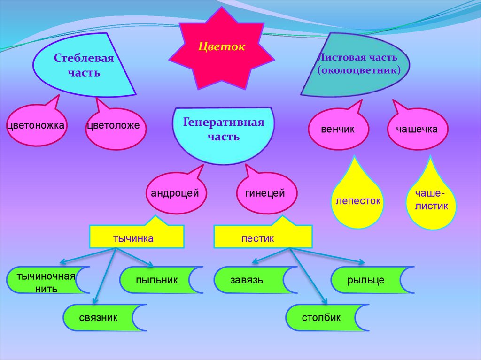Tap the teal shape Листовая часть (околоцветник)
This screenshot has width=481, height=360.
(x=357, y=65)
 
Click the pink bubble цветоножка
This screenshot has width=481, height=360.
(x=36, y=126)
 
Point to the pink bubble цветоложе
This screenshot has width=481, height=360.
(x=116, y=126)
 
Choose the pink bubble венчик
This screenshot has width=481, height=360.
(x=338, y=129)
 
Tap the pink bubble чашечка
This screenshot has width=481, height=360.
(x=417, y=129)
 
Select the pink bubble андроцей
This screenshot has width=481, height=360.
(x=175, y=193)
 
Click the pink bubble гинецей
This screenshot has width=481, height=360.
(x=265, y=193)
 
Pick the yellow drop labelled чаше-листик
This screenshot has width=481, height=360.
(x=431, y=201)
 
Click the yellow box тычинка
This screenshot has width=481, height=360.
(x=136, y=237)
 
